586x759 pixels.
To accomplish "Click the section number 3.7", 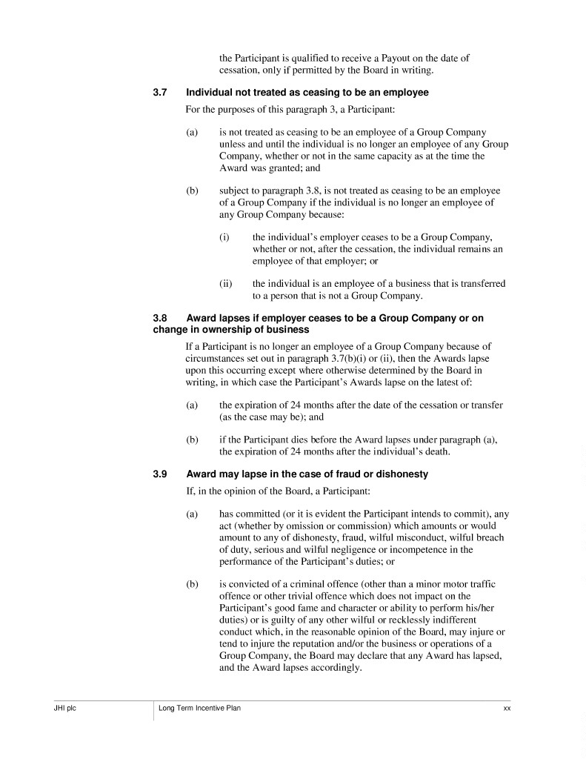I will pos(160,93).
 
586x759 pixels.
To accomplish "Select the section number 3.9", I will pos(160,474).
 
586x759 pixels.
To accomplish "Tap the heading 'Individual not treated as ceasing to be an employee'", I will pos(307,93).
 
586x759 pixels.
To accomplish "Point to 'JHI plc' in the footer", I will pos(55,709).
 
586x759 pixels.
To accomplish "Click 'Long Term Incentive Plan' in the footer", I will pos(200,709).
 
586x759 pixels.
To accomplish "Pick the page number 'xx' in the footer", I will pos(507,709).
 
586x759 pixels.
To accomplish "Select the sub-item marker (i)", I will pos(224,237).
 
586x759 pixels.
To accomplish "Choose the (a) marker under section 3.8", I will pos(192,405).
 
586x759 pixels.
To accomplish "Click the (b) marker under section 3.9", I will pos(192,585).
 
